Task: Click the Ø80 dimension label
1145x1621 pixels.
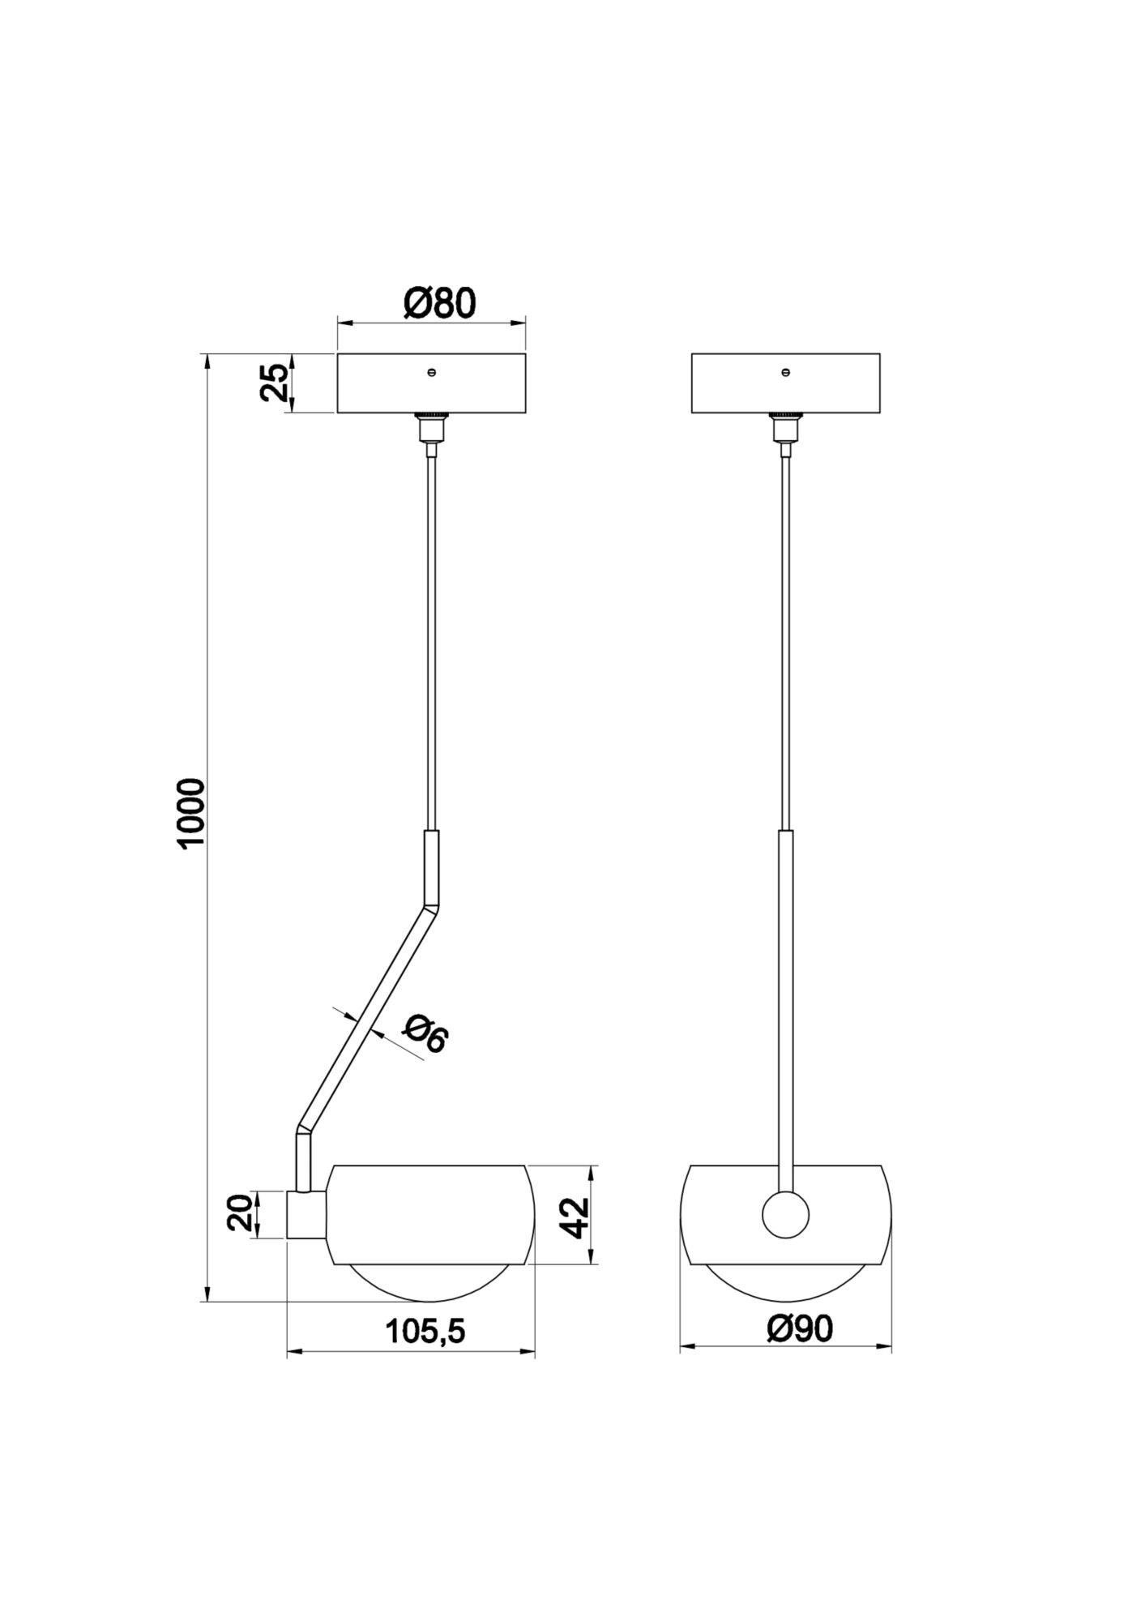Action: pos(439,302)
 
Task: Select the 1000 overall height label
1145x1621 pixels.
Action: pos(193,813)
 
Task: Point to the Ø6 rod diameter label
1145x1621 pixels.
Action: pos(425,1035)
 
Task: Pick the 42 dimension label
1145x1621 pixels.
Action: pos(575,1217)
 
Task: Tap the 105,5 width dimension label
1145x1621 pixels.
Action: pos(425,1331)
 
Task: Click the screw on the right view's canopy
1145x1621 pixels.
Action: pos(785,372)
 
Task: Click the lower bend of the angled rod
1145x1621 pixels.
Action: pos(302,1129)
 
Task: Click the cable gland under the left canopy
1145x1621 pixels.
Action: pos(431,427)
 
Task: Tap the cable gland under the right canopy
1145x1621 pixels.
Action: pos(784,427)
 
